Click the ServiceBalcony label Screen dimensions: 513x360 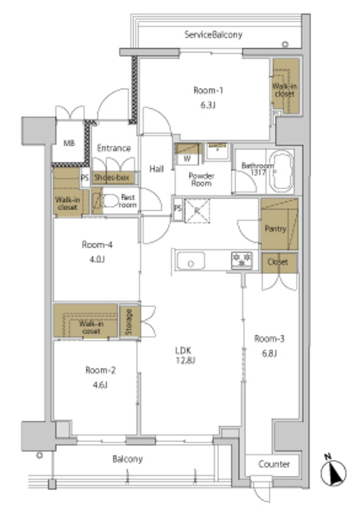212,34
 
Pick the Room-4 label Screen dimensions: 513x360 95,245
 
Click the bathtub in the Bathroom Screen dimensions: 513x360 281,172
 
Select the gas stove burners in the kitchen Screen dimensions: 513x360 241,259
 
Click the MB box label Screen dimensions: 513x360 69,144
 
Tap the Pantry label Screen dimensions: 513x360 275,228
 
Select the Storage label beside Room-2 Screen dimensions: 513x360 129,322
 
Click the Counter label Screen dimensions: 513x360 273,465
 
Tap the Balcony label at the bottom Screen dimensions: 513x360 127,459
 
